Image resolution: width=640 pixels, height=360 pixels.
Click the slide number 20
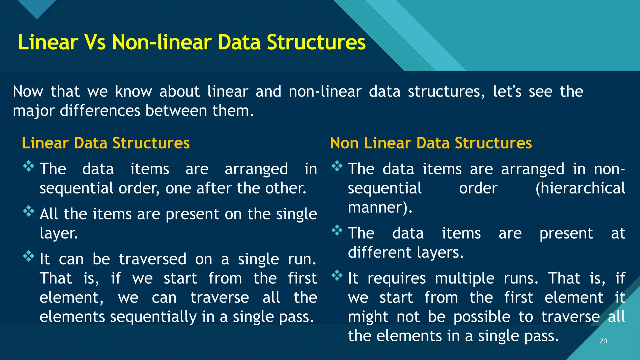[x=603, y=341]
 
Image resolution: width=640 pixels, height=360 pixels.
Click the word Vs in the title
[x=95, y=42]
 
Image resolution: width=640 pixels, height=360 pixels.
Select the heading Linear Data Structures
[x=106, y=143]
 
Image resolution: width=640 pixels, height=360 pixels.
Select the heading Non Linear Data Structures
[x=431, y=143]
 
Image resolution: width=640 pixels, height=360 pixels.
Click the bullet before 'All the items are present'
[x=28, y=211]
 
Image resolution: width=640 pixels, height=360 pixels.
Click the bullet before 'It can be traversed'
[x=28, y=256]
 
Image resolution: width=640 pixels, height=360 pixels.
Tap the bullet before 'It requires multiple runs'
[x=337, y=275]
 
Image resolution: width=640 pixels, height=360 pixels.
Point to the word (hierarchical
[x=580, y=188]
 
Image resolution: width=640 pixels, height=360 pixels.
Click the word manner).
[x=380, y=208]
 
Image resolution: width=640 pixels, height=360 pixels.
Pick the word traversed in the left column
[x=152, y=259]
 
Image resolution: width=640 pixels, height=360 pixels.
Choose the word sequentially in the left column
[x=153, y=317]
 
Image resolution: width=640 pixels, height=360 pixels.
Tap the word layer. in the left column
[x=59, y=233]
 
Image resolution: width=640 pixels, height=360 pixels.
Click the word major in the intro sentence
[x=34, y=111]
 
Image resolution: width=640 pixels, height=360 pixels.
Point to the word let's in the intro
[x=507, y=92]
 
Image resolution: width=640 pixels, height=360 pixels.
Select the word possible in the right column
[x=482, y=317]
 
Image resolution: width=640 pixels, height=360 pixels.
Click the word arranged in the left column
[x=256, y=169]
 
